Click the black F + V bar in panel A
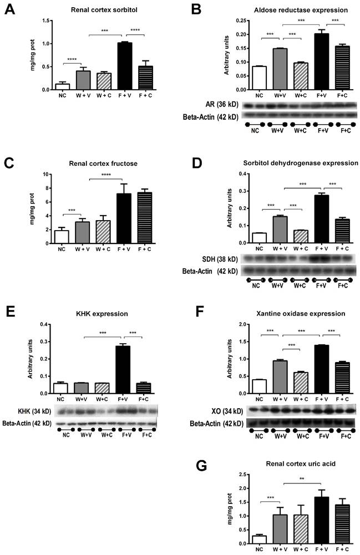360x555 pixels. click(x=124, y=66)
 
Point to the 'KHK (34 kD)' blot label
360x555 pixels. click(x=29, y=411)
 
